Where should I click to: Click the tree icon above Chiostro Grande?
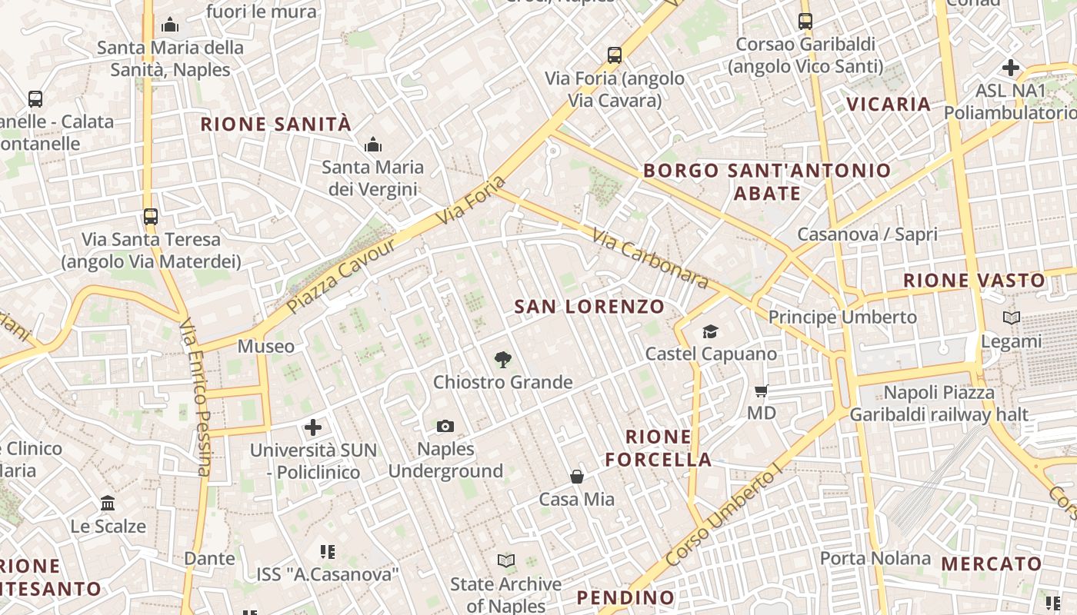tap(503, 359)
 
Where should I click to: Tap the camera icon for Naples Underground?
tap(445, 426)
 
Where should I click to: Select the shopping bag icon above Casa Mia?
tap(577, 477)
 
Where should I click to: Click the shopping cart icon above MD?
tap(762, 391)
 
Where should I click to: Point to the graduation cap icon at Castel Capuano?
tap(710, 331)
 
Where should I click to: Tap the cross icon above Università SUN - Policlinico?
tap(313, 427)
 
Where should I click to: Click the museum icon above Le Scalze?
tap(108, 504)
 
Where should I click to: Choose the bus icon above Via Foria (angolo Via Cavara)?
tap(614, 55)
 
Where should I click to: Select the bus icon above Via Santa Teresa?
tap(151, 216)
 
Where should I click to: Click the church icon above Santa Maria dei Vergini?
tap(373, 145)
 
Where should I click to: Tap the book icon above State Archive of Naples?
tap(505, 560)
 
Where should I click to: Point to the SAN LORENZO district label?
tap(589, 307)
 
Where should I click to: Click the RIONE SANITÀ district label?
tap(275, 124)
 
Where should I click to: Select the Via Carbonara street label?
tap(650, 258)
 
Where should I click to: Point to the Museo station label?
tap(265, 346)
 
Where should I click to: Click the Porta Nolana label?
tap(875, 558)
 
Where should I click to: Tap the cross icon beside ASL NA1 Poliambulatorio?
tap(1011, 68)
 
